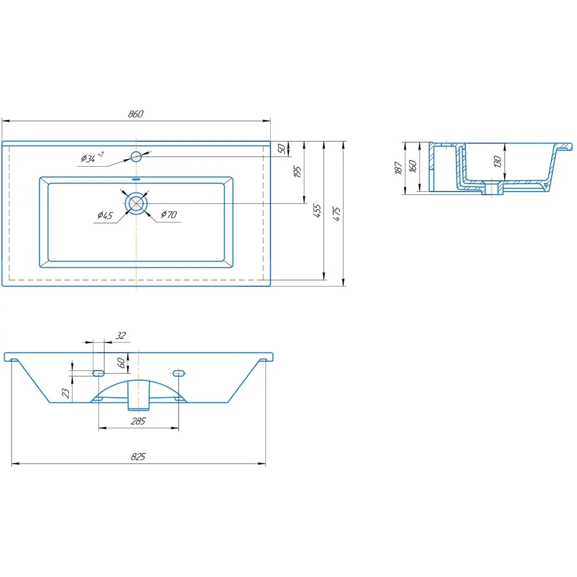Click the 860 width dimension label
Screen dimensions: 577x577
click(x=136, y=114)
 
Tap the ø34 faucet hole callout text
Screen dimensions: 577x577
click(x=92, y=158)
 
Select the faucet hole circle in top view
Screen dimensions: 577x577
click(x=136, y=156)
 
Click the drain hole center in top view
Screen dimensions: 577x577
click(x=136, y=203)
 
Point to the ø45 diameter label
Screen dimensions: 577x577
click(x=105, y=215)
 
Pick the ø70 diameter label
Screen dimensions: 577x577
click(x=169, y=214)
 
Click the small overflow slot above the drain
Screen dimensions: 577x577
click(x=136, y=179)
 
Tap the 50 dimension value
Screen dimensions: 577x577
click(x=281, y=149)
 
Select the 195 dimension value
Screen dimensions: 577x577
click(x=297, y=172)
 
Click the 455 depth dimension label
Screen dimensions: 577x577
click(x=317, y=211)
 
